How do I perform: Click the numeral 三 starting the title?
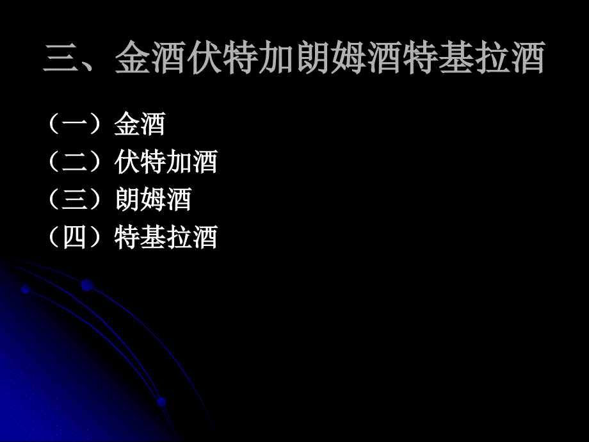click(x=62, y=59)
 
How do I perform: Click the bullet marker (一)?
click(x=76, y=125)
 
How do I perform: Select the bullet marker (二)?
click(x=76, y=163)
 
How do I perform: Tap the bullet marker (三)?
click(x=76, y=200)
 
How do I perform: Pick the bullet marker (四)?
click(x=76, y=238)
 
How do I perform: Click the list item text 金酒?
click(x=140, y=125)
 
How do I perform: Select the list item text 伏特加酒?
click(x=166, y=163)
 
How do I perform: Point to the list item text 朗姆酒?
click(x=153, y=200)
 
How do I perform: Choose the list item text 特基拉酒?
click(x=166, y=238)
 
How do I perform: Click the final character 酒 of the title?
click(x=527, y=59)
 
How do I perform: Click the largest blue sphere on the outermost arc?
click(x=86, y=285)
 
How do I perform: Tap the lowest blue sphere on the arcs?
click(x=161, y=402)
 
